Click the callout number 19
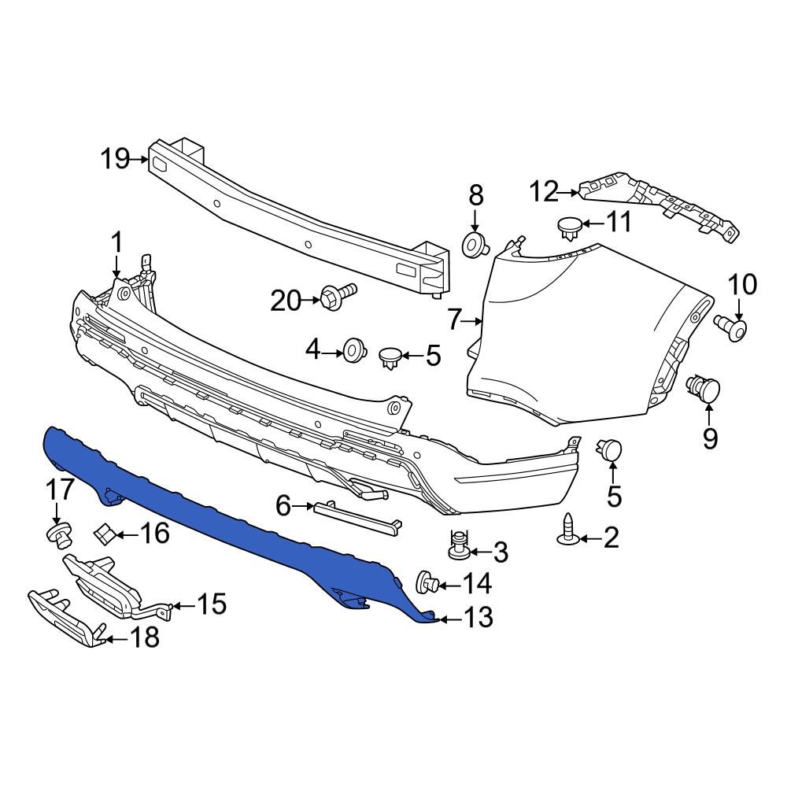[x=115, y=159]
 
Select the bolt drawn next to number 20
[x=338, y=297]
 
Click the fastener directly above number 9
[x=704, y=389]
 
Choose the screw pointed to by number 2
[x=568, y=530]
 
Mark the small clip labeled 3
[x=458, y=545]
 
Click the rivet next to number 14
[x=426, y=583]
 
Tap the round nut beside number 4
[x=354, y=349]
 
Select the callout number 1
[x=116, y=243]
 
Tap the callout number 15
[x=211, y=604]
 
